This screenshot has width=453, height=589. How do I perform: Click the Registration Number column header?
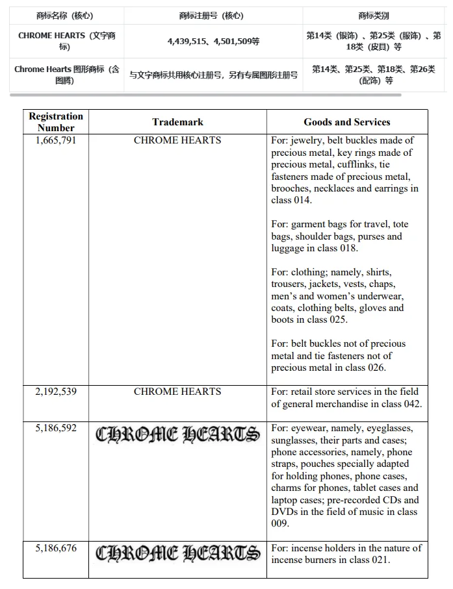coord(56,122)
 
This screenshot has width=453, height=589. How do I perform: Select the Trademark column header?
coord(177,122)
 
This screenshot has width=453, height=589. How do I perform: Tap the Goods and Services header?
coord(347,122)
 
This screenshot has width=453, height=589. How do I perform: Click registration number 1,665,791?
coord(56,140)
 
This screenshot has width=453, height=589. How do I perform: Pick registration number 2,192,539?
coord(56,392)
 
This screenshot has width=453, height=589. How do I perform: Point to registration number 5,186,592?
coord(56,429)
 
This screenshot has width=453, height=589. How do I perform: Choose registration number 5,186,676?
coord(56,549)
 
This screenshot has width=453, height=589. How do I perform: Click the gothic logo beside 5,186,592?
coord(177,434)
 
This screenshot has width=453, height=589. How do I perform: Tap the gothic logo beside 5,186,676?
coord(177,554)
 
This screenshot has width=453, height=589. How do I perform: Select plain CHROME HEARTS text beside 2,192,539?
coord(177,392)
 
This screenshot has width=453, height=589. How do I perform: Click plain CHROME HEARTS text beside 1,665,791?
coord(177,140)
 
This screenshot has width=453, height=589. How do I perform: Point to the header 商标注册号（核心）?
coord(211,16)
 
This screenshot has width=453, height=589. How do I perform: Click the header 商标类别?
coord(374,16)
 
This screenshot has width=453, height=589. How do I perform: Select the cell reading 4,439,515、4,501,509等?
coord(213,42)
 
